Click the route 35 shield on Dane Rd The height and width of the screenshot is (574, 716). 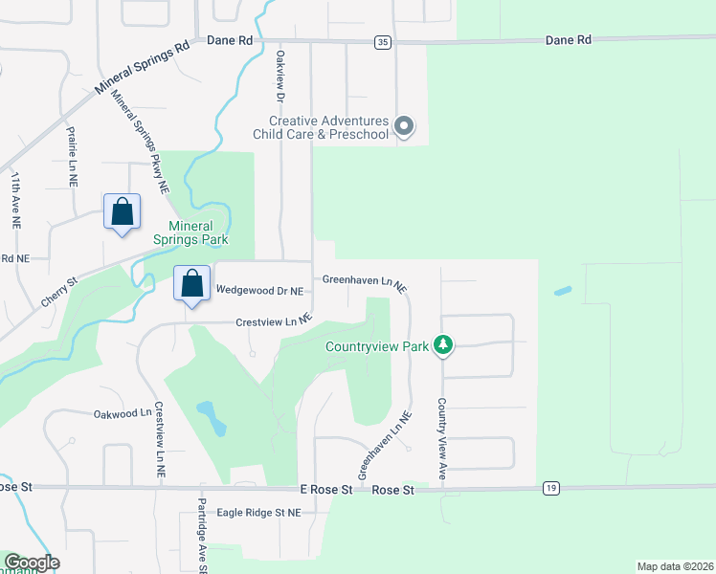click(x=383, y=42)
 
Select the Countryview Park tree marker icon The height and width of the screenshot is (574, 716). click(x=442, y=344)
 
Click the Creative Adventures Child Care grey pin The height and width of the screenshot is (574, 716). click(x=404, y=126)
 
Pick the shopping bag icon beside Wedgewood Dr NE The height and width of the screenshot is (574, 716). click(x=192, y=284)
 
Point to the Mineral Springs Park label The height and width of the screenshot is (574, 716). click(x=197, y=233)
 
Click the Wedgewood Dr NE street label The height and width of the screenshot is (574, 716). click(x=259, y=290)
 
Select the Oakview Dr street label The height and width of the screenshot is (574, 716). click(x=281, y=77)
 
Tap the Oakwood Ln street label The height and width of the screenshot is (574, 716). click(x=123, y=414)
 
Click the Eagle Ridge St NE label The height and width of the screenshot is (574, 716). click(x=258, y=513)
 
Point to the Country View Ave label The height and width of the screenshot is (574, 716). click(x=443, y=433)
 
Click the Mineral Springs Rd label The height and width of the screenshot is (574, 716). click(x=142, y=69)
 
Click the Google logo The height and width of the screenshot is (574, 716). click(x=32, y=563)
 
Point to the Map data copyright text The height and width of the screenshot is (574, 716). click(x=675, y=566)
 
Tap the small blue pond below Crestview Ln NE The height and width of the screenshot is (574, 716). click(x=212, y=417)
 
